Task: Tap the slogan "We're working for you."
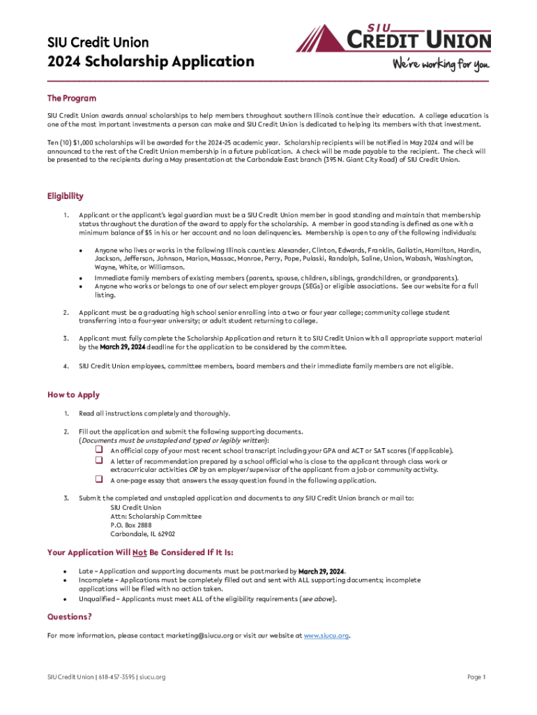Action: [441, 65]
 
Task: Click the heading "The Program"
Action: [72, 98]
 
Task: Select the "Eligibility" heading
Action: [66, 196]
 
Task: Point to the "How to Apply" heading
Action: [73, 395]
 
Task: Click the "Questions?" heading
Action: [69, 617]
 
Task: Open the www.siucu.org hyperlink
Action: [326, 636]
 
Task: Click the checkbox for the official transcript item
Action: [99, 450]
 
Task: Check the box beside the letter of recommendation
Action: [99, 461]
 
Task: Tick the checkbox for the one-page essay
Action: [99, 480]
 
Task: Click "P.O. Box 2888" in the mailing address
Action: [131, 524]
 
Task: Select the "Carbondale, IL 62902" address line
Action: [143, 533]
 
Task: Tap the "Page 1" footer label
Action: [476, 677]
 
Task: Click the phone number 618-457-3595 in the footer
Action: [116, 677]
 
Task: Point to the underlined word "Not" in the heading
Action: [139, 552]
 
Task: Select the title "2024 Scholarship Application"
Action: [151, 61]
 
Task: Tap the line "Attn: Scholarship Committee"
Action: [156, 516]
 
